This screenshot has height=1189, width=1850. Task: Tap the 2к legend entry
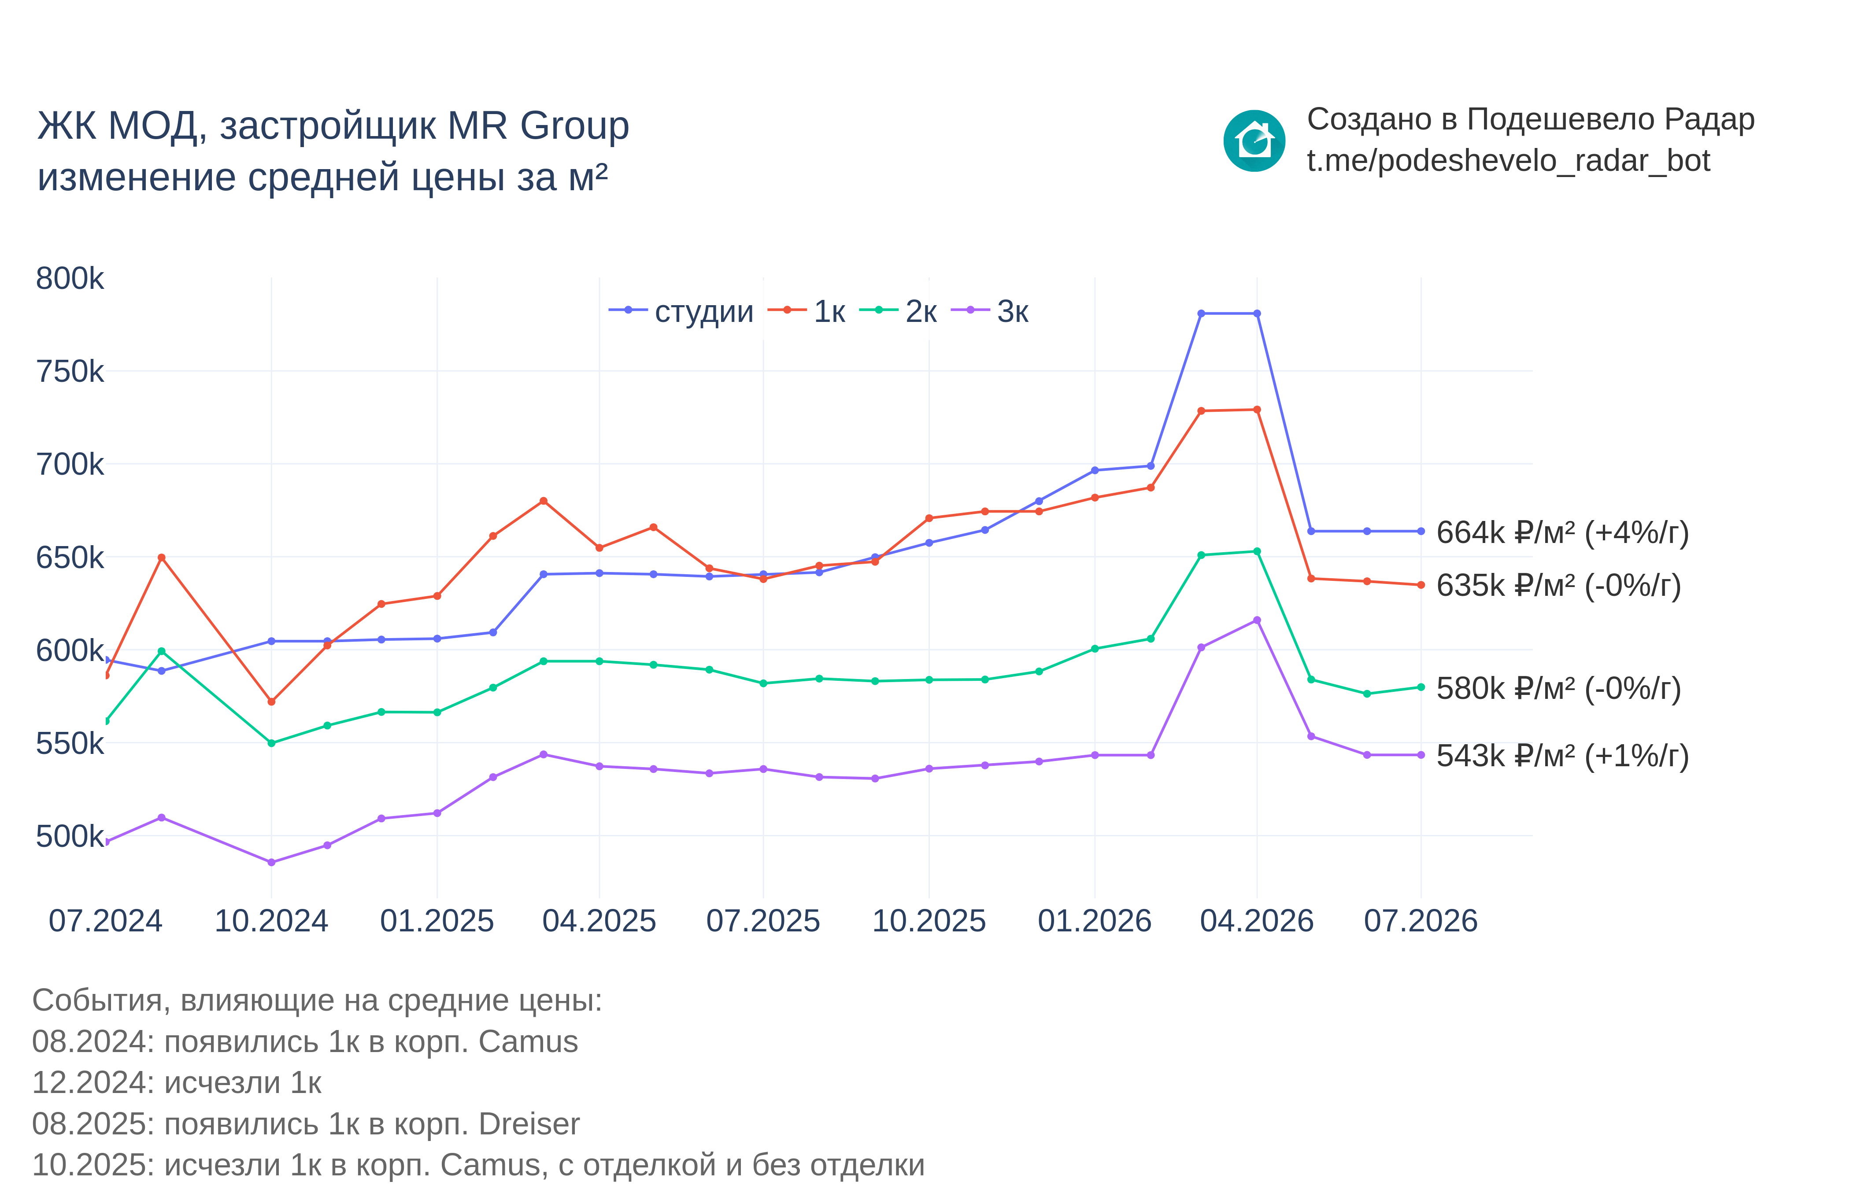(898, 311)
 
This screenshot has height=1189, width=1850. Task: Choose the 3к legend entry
(990, 311)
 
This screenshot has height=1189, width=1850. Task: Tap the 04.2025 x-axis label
(599, 921)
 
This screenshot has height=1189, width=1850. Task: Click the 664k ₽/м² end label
(1562, 533)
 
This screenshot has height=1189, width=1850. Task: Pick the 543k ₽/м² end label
(1562, 756)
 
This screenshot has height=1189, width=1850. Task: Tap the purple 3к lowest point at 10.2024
(271, 862)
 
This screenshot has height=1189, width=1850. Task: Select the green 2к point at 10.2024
(271, 743)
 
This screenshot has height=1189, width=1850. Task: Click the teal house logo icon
(1254, 140)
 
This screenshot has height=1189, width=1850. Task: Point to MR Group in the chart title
(538, 126)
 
